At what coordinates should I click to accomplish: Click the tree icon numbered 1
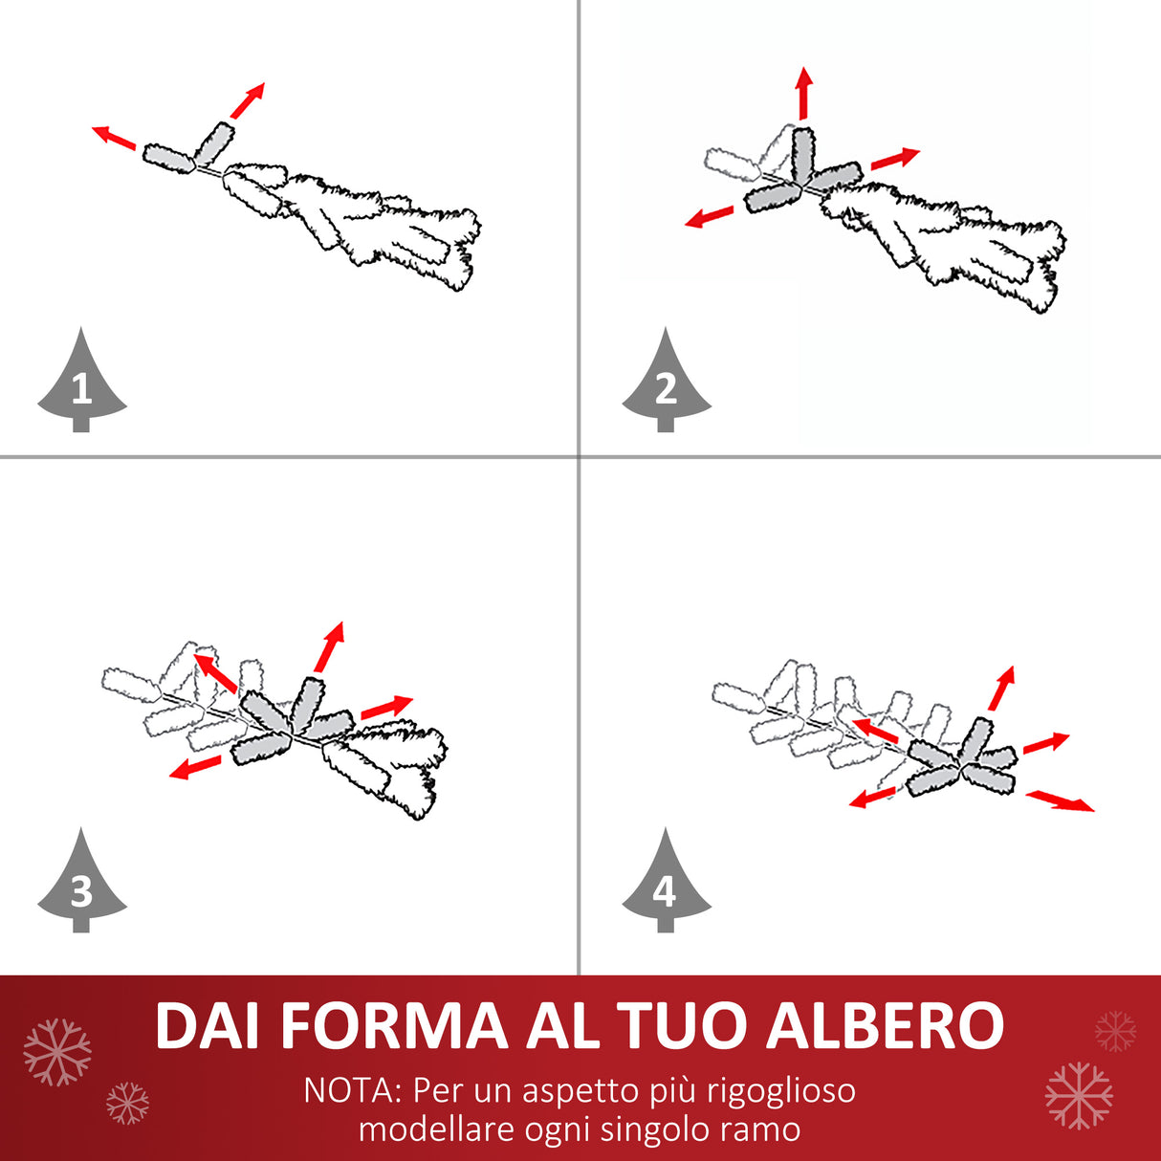tap(82, 385)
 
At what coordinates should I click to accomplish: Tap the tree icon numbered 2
tap(667, 385)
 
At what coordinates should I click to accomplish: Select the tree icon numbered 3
tap(82, 887)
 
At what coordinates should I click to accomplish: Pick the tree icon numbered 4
tap(667, 887)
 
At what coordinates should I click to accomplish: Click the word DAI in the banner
tap(207, 1026)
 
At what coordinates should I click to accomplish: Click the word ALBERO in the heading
tap(885, 1026)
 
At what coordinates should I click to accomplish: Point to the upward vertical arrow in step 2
tap(803, 94)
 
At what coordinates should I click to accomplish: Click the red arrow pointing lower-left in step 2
tap(710, 217)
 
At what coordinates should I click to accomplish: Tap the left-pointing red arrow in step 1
tap(114, 138)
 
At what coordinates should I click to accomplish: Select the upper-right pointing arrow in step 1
tap(248, 100)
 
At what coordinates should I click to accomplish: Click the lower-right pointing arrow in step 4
tap(1060, 801)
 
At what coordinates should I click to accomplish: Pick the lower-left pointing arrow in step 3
tap(194, 767)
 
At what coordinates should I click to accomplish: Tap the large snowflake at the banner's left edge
tap(57, 1053)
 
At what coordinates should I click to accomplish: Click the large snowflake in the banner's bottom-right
tap(1079, 1096)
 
